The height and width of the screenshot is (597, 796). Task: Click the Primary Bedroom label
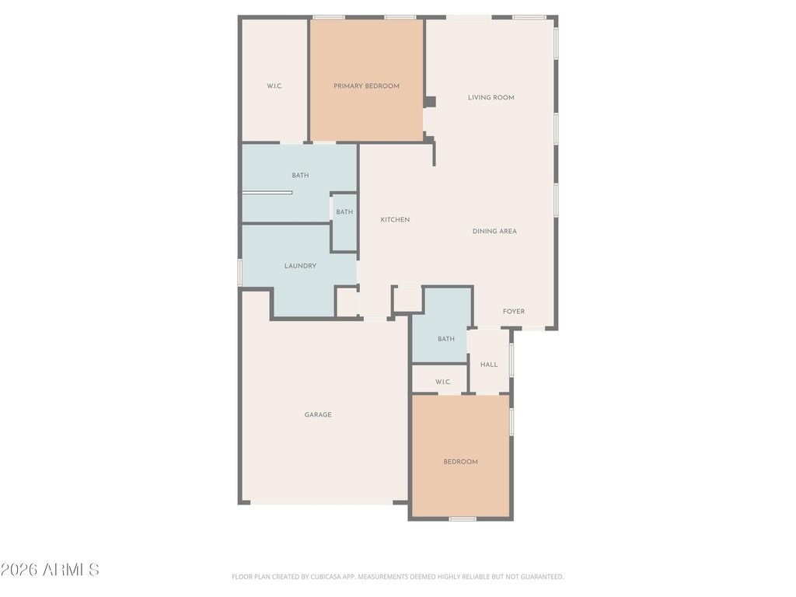(366, 86)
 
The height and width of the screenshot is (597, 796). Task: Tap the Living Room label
(491, 97)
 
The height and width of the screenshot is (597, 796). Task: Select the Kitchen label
(395, 220)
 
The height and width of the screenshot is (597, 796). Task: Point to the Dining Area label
(494, 232)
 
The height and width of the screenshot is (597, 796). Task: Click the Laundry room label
(300, 266)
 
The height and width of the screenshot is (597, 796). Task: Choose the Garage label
(318, 415)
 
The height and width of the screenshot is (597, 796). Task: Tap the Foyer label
(514, 312)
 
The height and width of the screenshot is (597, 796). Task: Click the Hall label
(489, 365)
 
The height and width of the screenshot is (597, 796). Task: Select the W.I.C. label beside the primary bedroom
(274, 86)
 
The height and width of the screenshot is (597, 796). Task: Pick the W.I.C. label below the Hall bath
(443, 382)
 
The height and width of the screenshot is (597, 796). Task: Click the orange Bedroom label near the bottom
(460, 462)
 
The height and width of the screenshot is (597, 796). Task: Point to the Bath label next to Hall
(446, 339)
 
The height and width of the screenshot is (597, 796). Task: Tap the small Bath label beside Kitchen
(344, 212)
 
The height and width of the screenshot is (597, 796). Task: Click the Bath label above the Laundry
(300, 176)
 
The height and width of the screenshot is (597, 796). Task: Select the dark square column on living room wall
(430, 102)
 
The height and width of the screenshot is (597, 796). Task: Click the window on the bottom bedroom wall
(463, 518)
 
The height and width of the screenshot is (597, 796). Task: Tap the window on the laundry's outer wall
(240, 272)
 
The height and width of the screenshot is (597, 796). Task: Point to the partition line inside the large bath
(267, 193)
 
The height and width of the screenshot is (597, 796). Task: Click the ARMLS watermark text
(50, 570)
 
